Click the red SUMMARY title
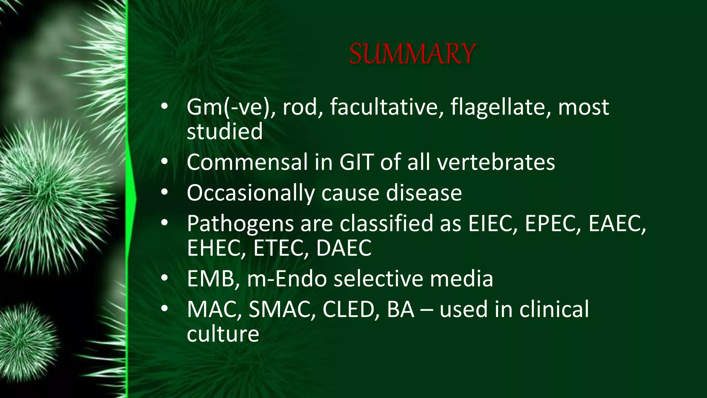[x=412, y=54]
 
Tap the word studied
[x=225, y=132]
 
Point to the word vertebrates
[x=496, y=162]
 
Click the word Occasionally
[x=251, y=193]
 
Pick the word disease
[x=424, y=193]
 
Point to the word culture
[x=223, y=334]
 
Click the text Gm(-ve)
[x=231, y=107]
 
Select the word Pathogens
[x=240, y=224]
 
